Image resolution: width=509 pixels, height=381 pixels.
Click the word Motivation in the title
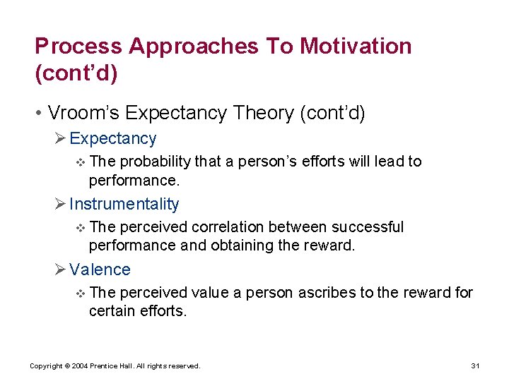point(356,47)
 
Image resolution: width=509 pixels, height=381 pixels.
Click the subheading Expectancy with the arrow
point(112,139)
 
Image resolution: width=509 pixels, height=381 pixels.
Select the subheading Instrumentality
point(124,205)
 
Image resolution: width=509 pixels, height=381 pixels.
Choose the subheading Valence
point(100,270)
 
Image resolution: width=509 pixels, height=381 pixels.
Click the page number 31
point(475,366)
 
